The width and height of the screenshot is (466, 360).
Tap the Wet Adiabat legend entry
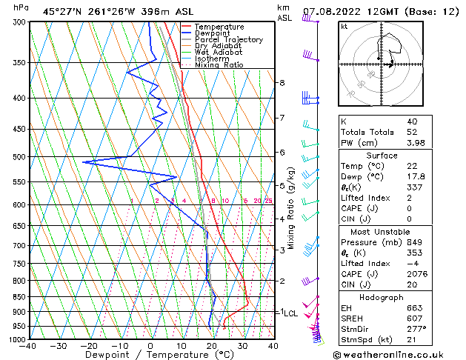[216, 53]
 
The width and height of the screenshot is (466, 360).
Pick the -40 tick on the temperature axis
[28, 346]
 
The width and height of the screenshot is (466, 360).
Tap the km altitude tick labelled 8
[282, 82]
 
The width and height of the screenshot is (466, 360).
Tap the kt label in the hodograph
[344, 27]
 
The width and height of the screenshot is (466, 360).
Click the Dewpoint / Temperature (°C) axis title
[150, 356]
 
